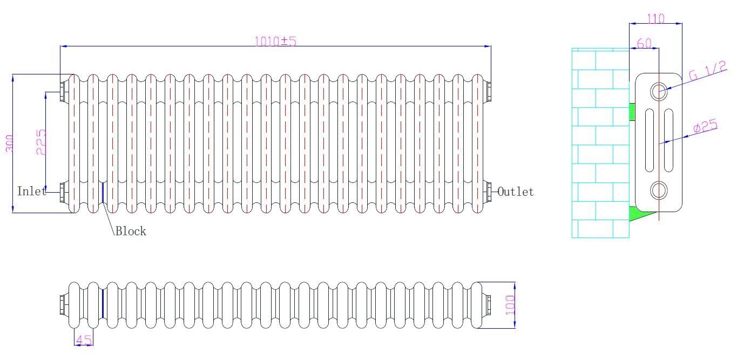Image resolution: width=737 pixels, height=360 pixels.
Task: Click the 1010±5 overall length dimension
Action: (x=275, y=41)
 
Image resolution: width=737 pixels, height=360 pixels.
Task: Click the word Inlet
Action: (x=31, y=191)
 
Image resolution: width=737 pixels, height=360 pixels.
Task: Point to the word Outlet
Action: (x=516, y=192)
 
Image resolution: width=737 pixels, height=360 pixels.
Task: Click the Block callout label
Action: (x=131, y=232)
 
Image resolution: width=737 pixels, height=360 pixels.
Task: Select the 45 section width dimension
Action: (x=83, y=340)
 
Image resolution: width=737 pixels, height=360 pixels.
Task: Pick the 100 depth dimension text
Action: (x=511, y=305)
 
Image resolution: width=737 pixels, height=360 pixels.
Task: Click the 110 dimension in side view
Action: (x=655, y=19)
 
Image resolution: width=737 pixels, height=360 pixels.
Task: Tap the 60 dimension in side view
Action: (x=644, y=44)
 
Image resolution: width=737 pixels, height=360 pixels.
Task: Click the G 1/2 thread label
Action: (x=707, y=71)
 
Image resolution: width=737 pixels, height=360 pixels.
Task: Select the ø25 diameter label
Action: (x=705, y=127)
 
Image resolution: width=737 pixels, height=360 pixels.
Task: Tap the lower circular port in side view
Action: (x=659, y=191)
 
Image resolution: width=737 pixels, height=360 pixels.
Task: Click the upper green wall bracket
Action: (x=632, y=112)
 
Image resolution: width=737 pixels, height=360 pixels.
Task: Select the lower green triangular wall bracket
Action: (x=641, y=214)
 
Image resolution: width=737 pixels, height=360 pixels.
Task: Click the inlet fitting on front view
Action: (x=63, y=191)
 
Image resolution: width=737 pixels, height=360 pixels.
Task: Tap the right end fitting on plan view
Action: (x=488, y=304)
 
